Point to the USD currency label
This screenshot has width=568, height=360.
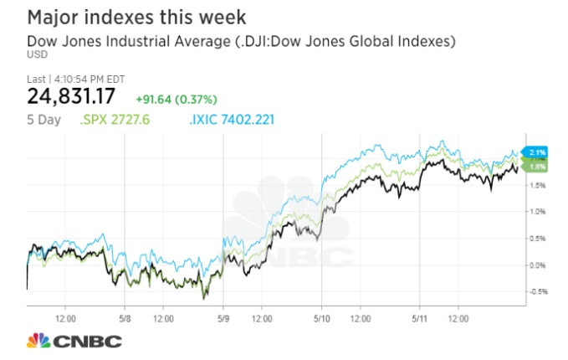coord(37,55)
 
